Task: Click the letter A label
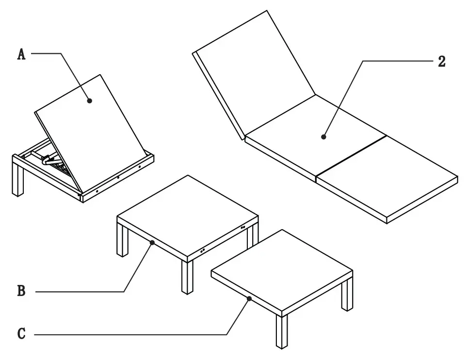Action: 21,54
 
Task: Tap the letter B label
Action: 21,291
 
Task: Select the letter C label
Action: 21,333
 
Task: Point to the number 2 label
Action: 441,62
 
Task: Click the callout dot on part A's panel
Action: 90,100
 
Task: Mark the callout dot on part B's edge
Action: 152,242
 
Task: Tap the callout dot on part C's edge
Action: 249,299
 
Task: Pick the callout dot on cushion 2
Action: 323,138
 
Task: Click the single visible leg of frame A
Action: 18,181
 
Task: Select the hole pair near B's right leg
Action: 242,227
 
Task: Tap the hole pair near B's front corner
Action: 202,250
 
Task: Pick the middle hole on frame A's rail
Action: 118,177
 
